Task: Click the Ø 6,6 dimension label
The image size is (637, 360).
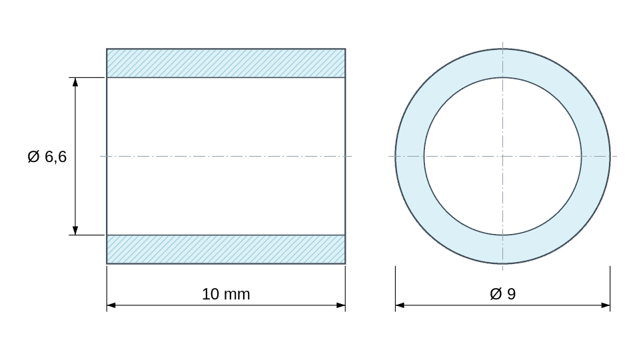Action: pos(47,157)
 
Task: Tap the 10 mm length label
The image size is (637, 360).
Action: pos(226,294)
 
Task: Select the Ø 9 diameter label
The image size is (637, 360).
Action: pos(502,294)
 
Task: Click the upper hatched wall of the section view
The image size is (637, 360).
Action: pos(226,63)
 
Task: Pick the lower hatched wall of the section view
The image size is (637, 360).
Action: pos(226,249)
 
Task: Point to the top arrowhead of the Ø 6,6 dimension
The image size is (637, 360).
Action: pos(75,82)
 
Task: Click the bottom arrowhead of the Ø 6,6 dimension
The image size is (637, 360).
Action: pos(75,231)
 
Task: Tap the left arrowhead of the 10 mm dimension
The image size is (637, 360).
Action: pos(111,305)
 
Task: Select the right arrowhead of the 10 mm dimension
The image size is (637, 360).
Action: pos(341,305)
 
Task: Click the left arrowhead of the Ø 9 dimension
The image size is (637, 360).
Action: pos(400,305)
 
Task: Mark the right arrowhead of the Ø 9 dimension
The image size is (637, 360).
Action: pos(605,305)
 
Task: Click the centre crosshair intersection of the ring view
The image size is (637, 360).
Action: pos(502,156)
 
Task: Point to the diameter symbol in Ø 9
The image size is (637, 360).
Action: pos(496,294)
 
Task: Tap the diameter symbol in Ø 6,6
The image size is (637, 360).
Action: pos(33,157)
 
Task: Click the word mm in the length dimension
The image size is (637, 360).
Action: pos(237,295)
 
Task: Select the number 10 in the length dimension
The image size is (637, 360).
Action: pos(211,294)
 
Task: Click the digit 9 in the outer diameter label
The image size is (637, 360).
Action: pos(512,294)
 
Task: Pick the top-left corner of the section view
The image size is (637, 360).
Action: pos(107,49)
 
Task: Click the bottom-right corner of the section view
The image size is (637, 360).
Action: pos(345,264)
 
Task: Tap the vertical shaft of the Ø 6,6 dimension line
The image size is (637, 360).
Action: pos(75,156)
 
